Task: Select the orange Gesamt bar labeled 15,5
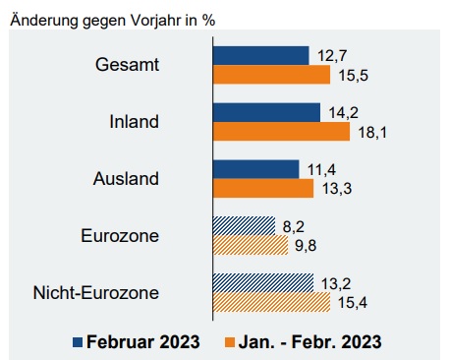click(271, 75)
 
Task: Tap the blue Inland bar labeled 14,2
click(266, 112)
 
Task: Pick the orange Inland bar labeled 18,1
click(281, 131)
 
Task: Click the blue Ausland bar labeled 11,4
click(255, 169)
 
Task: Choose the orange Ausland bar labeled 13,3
click(262, 188)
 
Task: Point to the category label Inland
click(135, 122)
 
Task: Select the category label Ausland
click(127, 179)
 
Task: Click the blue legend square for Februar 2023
click(77, 342)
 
